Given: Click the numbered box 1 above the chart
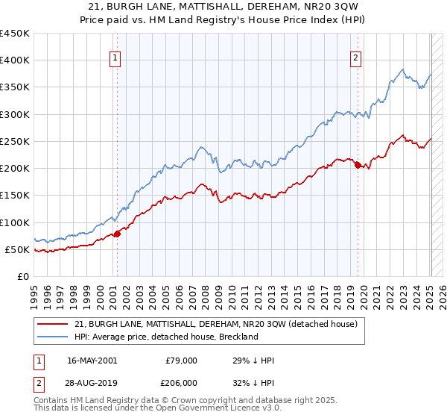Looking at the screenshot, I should [x=116, y=59].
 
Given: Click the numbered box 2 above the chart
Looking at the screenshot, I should [x=356, y=59].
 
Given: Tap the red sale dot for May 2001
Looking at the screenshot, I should [x=117, y=234].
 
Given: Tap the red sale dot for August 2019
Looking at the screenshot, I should [x=358, y=165].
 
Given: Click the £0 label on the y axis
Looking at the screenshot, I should [x=22, y=277].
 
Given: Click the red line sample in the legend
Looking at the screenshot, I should [x=52, y=324].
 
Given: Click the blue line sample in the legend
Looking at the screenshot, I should [x=52, y=337].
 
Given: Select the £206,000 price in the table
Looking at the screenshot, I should [x=181, y=382].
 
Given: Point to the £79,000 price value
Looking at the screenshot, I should [x=181, y=361].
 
